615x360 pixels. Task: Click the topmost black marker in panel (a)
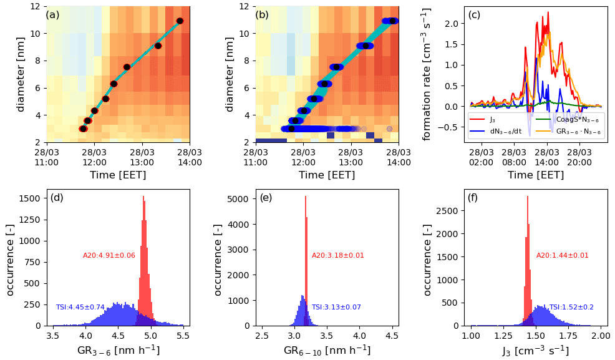(x=180, y=21)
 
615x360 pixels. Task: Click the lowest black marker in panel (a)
(x=82, y=129)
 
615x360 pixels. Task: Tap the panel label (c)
(x=474, y=15)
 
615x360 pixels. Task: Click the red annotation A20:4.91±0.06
(x=109, y=255)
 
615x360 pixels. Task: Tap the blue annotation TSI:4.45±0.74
(x=80, y=307)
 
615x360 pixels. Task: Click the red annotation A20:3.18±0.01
(x=337, y=255)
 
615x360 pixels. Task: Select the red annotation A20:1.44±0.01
(x=562, y=255)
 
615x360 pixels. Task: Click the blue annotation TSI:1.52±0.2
(x=571, y=307)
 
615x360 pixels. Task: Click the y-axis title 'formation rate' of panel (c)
(x=427, y=74)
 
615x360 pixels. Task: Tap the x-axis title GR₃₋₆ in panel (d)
(x=118, y=351)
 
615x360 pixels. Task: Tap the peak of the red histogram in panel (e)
(x=306, y=197)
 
